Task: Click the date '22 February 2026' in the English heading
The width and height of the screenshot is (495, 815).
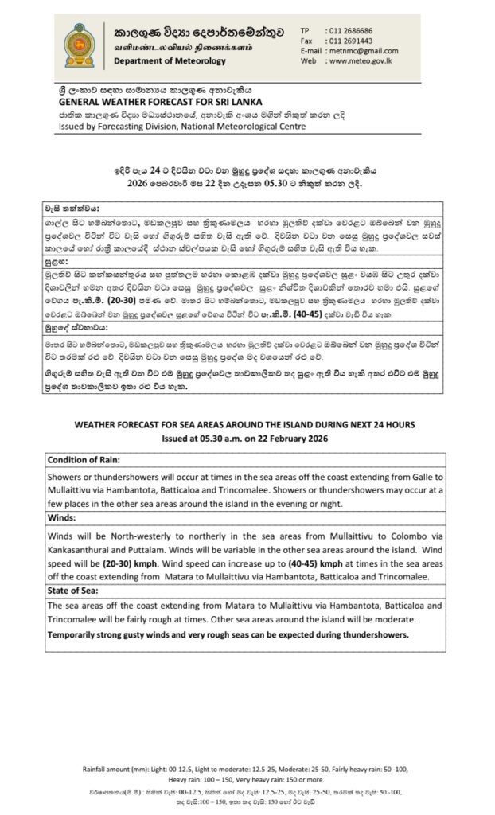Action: (310, 439)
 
